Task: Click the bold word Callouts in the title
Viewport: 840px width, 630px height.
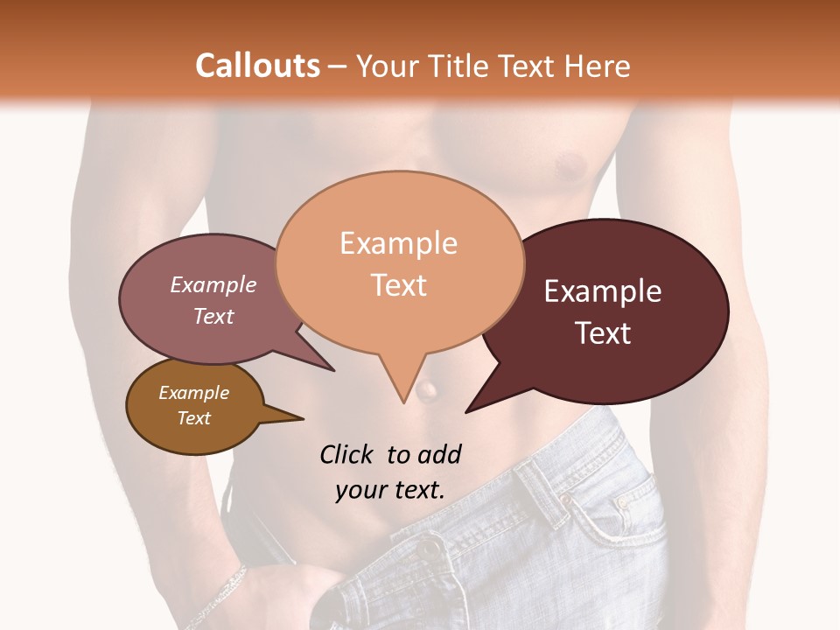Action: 257,66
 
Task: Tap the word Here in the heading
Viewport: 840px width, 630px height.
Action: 597,66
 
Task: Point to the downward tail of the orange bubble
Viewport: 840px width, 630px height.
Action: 402,385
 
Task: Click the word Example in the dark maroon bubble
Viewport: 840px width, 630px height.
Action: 603,291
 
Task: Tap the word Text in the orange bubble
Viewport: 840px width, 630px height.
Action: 399,285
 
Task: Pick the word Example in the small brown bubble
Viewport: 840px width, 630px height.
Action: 193,393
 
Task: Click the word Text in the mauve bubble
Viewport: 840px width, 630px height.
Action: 213,316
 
